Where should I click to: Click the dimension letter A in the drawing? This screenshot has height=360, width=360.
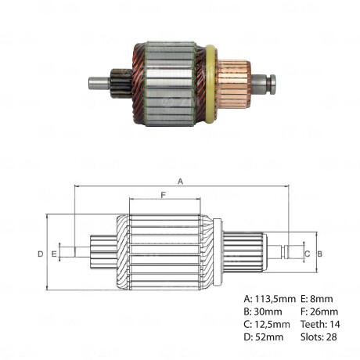click(x=181, y=181)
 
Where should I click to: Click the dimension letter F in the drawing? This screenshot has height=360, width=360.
click(x=163, y=194)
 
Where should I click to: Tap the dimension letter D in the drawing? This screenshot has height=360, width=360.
click(x=40, y=254)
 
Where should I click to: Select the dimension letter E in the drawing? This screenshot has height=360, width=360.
click(x=54, y=254)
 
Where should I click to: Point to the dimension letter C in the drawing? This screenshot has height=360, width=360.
click(x=307, y=254)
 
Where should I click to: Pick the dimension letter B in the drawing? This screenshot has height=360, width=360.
click(x=319, y=254)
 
